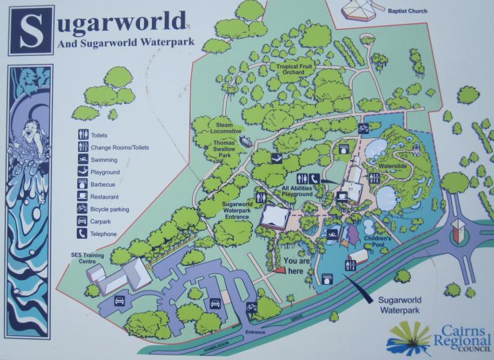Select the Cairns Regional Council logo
click(x=439, y=337)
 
